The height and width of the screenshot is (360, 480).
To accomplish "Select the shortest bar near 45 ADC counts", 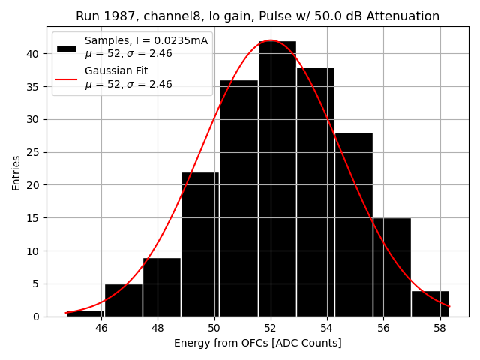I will point(85,313).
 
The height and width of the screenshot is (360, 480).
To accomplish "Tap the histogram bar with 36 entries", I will point(238,198).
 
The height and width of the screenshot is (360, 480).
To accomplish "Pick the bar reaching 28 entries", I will point(353,224).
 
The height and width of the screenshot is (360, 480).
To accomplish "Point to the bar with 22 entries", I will point(200,244).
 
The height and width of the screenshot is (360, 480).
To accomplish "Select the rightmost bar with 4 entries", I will point(430,303).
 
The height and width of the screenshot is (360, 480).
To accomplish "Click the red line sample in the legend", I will point(67,77).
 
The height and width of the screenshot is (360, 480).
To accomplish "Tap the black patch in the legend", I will point(67,48).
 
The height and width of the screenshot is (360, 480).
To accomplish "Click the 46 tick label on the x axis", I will point(101,328).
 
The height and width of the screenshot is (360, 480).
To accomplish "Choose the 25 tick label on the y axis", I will point(33,152).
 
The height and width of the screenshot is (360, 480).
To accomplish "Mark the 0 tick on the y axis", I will point(36,316).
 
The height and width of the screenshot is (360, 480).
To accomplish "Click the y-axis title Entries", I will point(16,172).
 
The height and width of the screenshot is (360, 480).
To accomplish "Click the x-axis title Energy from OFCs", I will point(257,343).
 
